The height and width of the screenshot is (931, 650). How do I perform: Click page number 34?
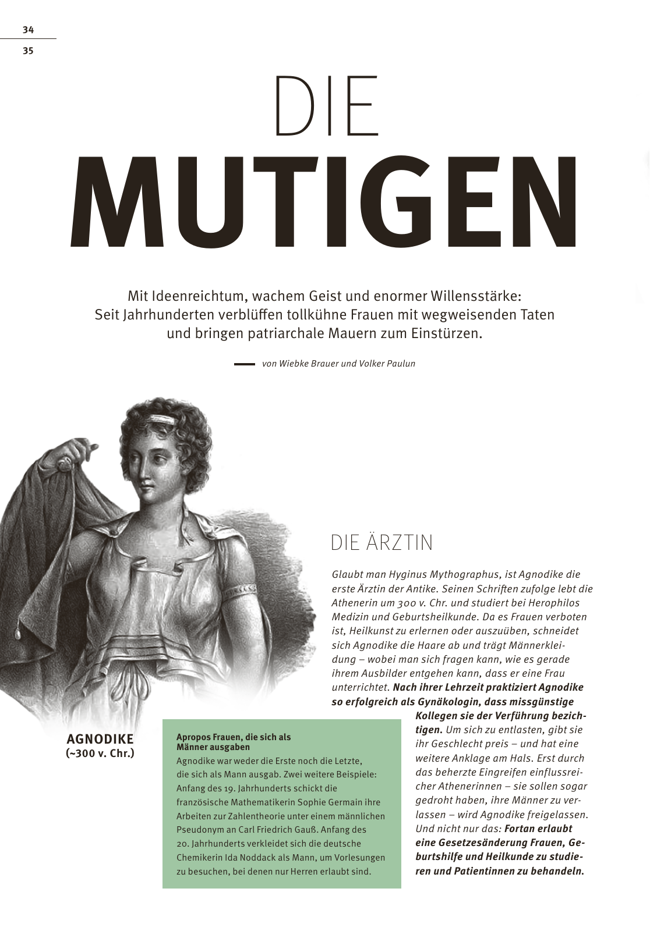click(28, 30)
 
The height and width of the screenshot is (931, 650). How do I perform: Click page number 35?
click(28, 51)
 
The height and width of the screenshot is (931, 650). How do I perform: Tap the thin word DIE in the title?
click(326, 106)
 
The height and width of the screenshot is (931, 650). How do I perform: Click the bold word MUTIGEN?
click(325, 202)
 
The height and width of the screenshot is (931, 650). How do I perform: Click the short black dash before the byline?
click(244, 364)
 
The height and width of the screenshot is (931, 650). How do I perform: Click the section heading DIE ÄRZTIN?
click(381, 542)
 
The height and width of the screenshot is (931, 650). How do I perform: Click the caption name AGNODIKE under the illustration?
click(100, 739)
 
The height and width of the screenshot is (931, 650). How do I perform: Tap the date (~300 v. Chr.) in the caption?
click(100, 753)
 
